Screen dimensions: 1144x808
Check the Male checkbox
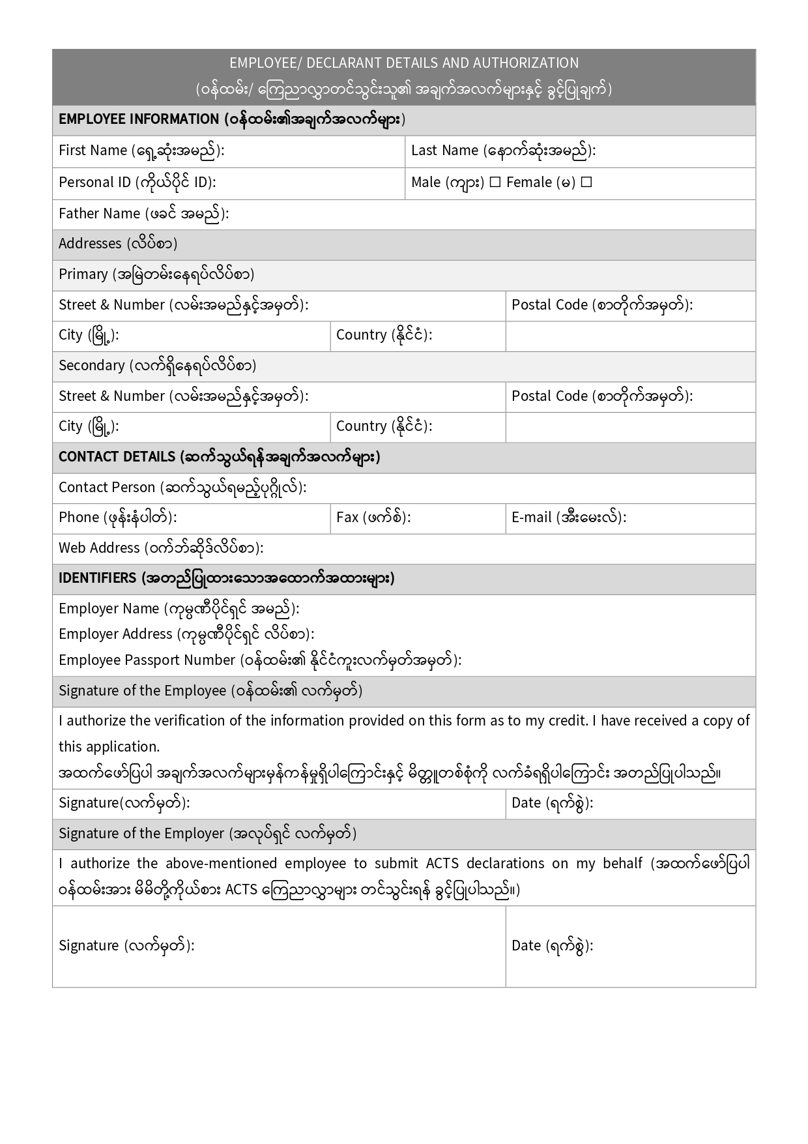[495, 183]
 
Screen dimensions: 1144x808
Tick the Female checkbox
[586, 183]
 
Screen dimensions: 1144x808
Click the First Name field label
[93, 151]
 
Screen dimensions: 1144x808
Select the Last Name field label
[444, 151]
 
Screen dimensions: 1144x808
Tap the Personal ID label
[94, 183]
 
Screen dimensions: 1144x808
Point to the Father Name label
[99, 214]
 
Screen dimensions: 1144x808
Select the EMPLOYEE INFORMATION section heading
[138, 119]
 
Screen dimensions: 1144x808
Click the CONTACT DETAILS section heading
[117, 457]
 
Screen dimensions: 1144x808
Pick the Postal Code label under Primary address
[549, 305]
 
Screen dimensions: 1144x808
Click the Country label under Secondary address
[361, 426]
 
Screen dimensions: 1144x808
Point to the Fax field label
[347, 518]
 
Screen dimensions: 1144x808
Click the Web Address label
[99, 548]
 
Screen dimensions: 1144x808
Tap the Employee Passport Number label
[147, 660]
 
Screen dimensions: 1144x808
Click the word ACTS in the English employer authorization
[442, 864]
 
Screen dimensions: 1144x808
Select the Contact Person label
[107, 488]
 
